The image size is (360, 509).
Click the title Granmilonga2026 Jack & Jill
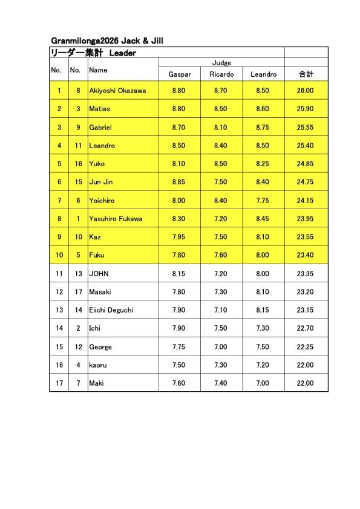108,41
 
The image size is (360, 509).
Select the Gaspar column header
179,74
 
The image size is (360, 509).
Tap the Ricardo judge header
221,74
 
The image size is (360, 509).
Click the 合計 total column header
306,74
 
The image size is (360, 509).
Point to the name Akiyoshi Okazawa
117,91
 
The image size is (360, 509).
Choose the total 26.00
306,91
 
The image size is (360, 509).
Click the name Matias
100,109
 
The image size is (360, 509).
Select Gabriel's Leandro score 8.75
263,128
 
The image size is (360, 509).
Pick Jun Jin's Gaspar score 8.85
179,182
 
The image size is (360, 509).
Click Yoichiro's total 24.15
306,201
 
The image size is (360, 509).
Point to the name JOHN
99,274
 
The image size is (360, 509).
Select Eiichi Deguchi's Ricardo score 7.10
221,310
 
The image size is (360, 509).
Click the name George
100,347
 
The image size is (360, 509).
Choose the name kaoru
98,365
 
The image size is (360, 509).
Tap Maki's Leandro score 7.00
263,383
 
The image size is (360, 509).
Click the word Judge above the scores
221,63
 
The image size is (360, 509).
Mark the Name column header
98,70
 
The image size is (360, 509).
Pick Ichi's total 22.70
306,328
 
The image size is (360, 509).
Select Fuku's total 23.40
306,255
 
